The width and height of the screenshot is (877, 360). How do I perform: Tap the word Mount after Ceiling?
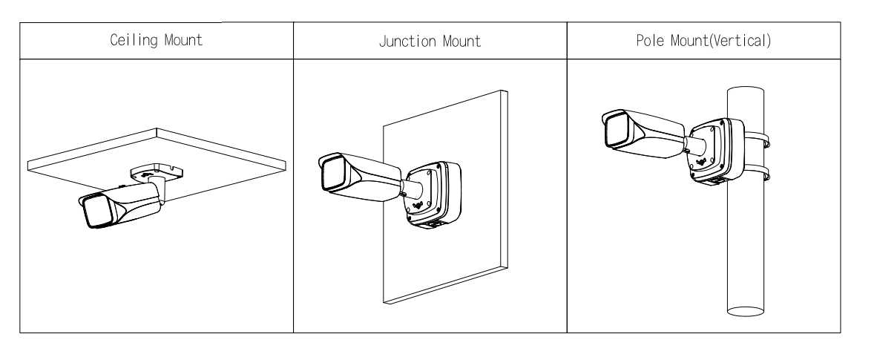(183, 40)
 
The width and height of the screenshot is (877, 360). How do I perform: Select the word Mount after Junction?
(462, 42)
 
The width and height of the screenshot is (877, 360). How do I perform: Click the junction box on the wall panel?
(433, 195)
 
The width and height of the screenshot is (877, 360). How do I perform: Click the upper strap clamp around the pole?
(756, 140)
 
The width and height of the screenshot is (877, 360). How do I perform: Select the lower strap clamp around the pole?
(756, 172)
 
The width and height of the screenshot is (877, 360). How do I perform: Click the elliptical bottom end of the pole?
(745, 311)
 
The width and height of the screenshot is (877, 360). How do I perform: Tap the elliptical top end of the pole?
(745, 92)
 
